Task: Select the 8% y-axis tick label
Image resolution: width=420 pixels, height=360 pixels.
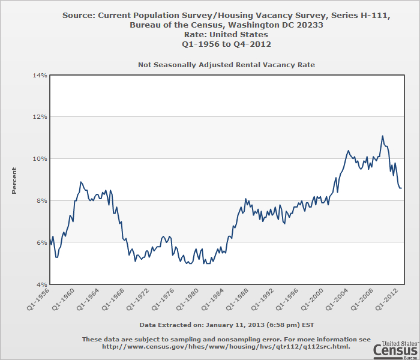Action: (40, 200)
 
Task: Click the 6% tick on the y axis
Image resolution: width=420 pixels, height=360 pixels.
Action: (40, 242)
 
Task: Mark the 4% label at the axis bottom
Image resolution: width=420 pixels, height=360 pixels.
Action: (40, 284)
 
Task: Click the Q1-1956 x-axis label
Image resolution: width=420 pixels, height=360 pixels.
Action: (38, 299)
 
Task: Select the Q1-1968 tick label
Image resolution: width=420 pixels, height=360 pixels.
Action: (113, 299)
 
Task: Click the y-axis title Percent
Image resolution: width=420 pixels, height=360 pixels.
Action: (14, 180)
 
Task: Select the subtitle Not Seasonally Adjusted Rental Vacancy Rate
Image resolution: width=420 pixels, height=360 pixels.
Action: (226, 64)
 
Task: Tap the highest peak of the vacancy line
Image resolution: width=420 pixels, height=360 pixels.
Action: (382, 136)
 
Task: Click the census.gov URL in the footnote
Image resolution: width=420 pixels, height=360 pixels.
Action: (226, 346)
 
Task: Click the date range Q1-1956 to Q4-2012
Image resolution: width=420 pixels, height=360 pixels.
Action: (226, 43)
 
